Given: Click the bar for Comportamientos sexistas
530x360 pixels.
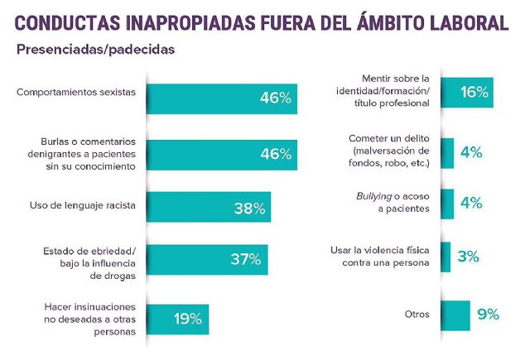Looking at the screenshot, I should pyautogui.click(x=221, y=98).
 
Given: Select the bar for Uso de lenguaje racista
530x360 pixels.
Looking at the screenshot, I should pyautogui.click(x=208, y=209).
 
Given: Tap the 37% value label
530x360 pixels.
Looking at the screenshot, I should pyautogui.click(x=247, y=259).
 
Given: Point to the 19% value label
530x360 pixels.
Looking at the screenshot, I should pyautogui.click(x=188, y=318).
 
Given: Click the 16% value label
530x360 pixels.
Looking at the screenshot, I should pyautogui.click(x=475, y=94).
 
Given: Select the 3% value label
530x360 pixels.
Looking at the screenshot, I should pyautogui.click(x=468, y=257).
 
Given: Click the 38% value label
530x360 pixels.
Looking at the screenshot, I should pyautogui.click(x=249, y=209).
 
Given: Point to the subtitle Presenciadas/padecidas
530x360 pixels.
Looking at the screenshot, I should pyautogui.click(x=95, y=50).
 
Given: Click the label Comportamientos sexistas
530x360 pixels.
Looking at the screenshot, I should pyautogui.click(x=75, y=92).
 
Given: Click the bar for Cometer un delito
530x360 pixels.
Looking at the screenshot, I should pyautogui.click(x=447, y=153).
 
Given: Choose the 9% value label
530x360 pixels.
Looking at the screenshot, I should pyautogui.click(x=488, y=314).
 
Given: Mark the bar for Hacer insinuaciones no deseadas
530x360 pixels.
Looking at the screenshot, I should pyautogui.click(x=177, y=318).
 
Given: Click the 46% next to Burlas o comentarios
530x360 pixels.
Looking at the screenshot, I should pyautogui.click(x=275, y=154).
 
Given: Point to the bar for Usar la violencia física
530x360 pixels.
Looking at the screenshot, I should pyautogui.click(x=446, y=257).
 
